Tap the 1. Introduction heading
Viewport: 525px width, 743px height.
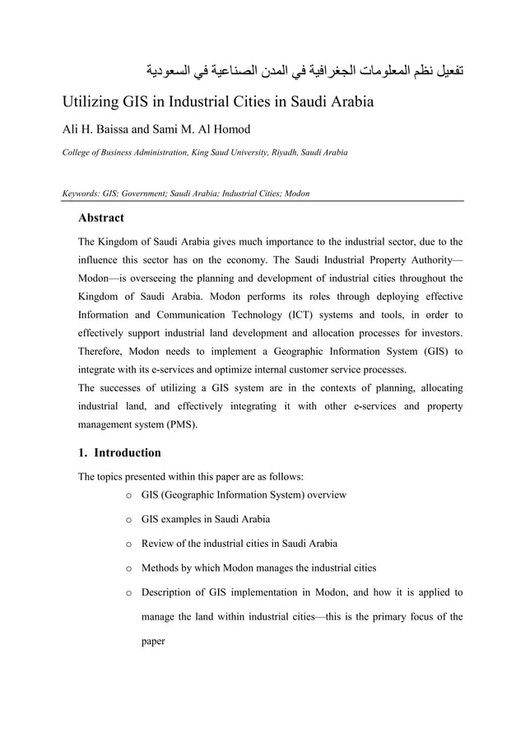point(118,452)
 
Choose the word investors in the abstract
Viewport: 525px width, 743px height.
point(438,333)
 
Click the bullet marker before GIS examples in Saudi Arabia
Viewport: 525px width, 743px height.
point(128,520)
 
